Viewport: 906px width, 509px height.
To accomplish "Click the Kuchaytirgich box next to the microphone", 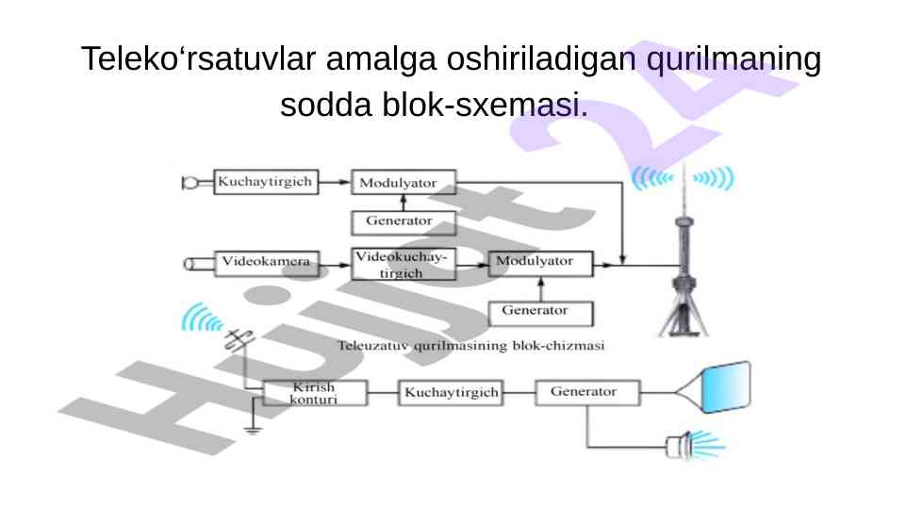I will coord(265,181).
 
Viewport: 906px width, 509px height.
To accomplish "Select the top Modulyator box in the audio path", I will coord(403,181).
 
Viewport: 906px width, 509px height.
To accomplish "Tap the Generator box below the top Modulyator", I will coord(403,222).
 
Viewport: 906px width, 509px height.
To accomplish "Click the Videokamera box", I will coord(265,261).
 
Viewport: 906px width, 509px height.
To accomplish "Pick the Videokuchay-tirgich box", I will coord(403,263).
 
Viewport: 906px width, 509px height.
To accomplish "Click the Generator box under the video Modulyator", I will coord(540,311).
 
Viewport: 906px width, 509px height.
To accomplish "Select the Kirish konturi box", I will coord(314,392).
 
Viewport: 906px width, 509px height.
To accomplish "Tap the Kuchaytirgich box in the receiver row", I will coord(451,392).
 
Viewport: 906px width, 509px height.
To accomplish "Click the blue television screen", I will coord(725,386).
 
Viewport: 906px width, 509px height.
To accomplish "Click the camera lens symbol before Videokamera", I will coord(194,262).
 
